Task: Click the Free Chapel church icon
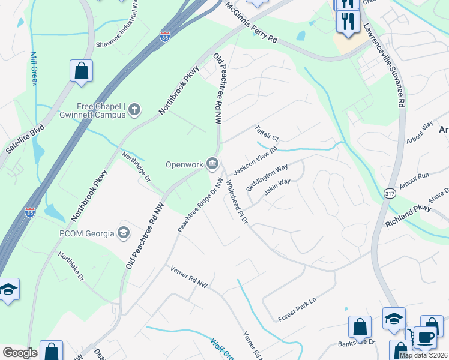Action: tap(135, 109)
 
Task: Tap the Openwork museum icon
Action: tap(212, 163)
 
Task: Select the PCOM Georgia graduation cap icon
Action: tap(124, 232)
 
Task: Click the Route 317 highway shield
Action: tap(388, 191)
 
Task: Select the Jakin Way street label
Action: tap(277, 187)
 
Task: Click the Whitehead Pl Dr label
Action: tap(236, 204)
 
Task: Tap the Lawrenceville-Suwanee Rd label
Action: tap(382, 65)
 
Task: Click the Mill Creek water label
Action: tap(34, 68)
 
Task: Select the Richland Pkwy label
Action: tap(409, 215)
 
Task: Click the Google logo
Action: tap(20, 353)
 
